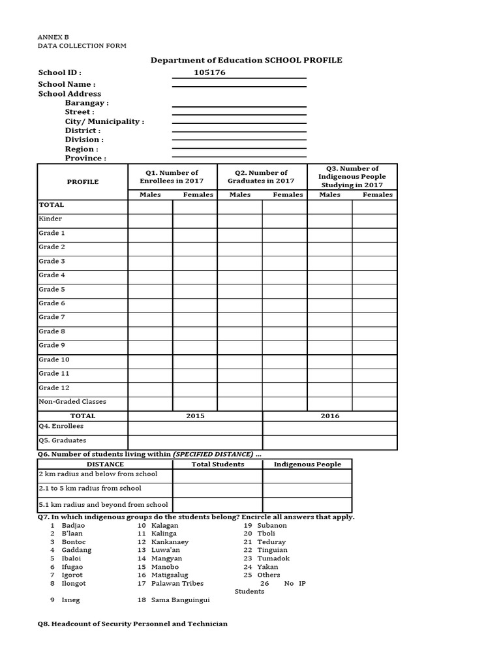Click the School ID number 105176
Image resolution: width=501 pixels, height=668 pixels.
(x=209, y=72)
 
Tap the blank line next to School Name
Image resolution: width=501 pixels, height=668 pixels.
(x=239, y=85)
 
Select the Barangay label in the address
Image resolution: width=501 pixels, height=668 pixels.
(x=87, y=103)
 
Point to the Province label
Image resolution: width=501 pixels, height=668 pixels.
(x=85, y=159)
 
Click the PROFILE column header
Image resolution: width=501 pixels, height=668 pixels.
(x=83, y=182)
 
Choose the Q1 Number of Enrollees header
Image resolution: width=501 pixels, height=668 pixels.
(x=172, y=177)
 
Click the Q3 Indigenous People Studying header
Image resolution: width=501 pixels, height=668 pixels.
(x=352, y=177)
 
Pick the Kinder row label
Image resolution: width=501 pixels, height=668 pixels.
(x=50, y=219)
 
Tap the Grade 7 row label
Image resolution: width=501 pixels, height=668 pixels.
(x=52, y=317)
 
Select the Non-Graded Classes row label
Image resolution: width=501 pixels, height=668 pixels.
(x=72, y=402)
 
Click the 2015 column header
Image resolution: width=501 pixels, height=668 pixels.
(x=195, y=416)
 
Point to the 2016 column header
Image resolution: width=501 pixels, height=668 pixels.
(x=330, y=416)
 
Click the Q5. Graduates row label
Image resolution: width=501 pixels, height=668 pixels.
(x=62, y=440)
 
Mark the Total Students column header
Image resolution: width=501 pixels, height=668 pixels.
(x=218, y=464)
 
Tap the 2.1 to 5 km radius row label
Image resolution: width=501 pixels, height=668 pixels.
(x=90, y=489)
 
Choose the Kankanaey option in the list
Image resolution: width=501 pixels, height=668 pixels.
(x=170, y=542)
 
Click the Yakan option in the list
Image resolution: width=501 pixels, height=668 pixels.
(x=267, y=567)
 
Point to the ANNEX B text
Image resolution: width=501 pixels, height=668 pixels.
(x=53, y=38)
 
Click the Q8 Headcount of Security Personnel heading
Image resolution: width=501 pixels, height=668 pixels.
(x=132, y=624)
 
